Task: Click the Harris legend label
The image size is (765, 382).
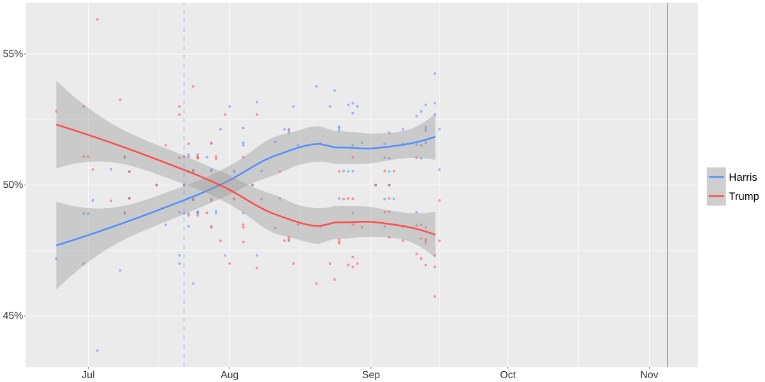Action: click(x=743, y=177)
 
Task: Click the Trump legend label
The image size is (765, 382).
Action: click(x=743, y=196)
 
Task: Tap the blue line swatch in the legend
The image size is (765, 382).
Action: click(x=717, y=177)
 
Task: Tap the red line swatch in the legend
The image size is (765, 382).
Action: click(x=717, y=196)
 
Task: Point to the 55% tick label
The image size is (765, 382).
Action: click(x=13, y=53)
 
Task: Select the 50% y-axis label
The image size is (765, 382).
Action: click(x=13, y=185)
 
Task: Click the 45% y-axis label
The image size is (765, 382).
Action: click(x=13, y=316)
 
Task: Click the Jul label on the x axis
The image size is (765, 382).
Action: click(x=89, y=375)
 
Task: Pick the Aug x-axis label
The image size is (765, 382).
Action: click(x=229, y=375)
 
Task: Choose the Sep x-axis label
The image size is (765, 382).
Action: click(x=371, y=375)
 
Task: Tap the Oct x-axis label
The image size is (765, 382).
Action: click(x=507, y=375)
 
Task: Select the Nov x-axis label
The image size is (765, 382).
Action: click(x=649, y=375)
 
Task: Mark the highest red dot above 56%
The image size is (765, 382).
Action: click(x=97, y=19)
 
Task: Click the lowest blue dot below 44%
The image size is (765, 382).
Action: click(x=97, y=350)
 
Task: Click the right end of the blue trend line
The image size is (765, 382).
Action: click(x=435, y=136)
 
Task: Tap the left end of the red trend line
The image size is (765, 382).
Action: click(x=57, y=124)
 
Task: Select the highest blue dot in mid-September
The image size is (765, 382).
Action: click(x=435, y=74)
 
